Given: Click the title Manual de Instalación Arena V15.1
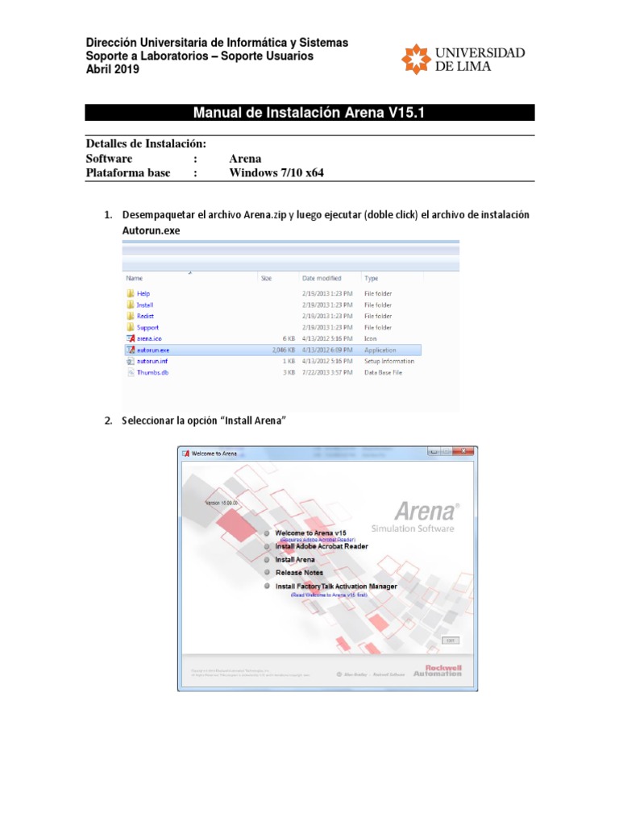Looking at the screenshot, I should [310, 113].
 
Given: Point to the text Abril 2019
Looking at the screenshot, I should [112, 69].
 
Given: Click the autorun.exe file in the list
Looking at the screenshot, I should [153, 350].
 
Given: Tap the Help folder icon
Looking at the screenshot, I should [130, 294].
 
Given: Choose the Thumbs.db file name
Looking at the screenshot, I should [152, 373].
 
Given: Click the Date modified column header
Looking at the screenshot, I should [322, 278].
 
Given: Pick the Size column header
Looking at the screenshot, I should [266, 278].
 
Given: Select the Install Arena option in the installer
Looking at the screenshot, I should [295, 559].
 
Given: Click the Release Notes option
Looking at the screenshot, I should [299, 573].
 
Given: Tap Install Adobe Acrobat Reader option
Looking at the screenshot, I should [321, 546].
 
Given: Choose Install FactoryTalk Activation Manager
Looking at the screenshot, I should [335, 587].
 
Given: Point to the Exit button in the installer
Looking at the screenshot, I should [450, 640].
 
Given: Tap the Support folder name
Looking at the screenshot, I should [147, 328].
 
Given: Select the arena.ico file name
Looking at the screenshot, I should [149, 339].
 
